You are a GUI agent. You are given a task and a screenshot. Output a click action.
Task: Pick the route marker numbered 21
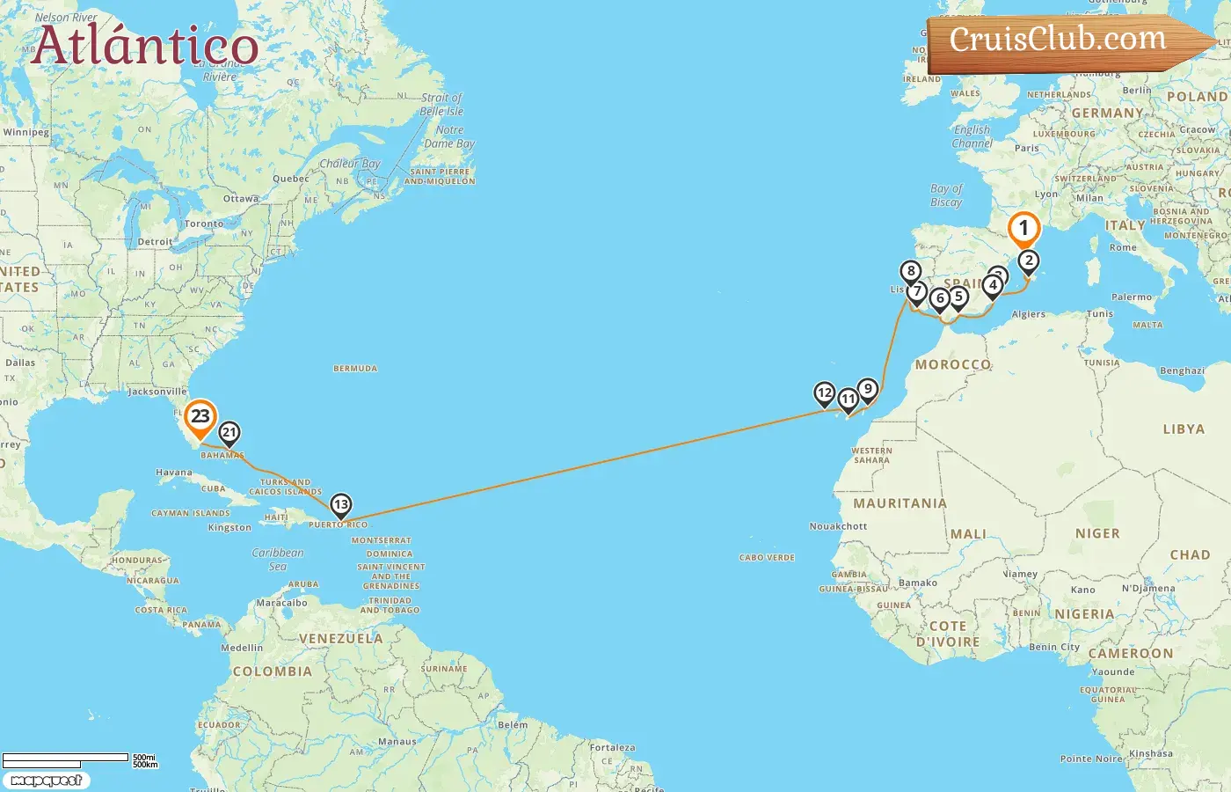point(229,433)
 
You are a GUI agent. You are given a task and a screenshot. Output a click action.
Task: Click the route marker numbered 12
point(824,393)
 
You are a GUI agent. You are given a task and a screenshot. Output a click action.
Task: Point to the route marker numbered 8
point(911,272)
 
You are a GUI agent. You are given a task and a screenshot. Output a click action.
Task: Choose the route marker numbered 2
point(1028,261)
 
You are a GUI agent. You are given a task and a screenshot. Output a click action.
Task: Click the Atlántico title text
point(145,46)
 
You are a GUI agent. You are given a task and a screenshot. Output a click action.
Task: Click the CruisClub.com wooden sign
point(1060,40)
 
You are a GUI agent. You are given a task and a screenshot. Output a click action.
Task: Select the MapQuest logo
point(46,781)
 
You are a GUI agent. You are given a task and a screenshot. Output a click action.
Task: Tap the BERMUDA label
point(355,369)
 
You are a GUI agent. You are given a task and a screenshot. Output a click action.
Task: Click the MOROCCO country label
point(953,364)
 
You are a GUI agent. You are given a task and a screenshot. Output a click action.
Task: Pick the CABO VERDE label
point(767,558)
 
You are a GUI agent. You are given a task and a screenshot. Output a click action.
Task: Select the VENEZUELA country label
point(341,639)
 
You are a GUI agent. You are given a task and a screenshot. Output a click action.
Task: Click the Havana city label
point(173,473)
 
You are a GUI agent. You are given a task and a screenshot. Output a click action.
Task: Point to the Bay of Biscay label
point(946,195)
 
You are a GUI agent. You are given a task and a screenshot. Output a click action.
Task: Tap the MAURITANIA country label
point(900,503)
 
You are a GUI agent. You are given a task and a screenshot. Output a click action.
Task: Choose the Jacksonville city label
point(157,392)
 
